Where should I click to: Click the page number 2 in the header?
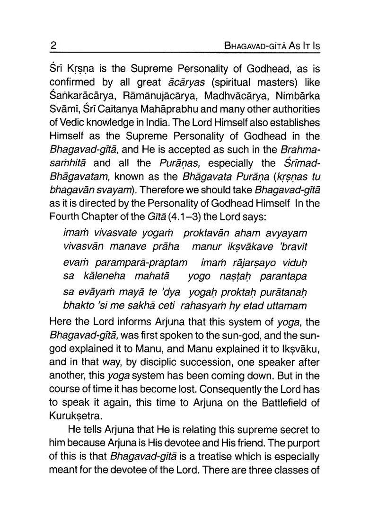click(53, 46)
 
